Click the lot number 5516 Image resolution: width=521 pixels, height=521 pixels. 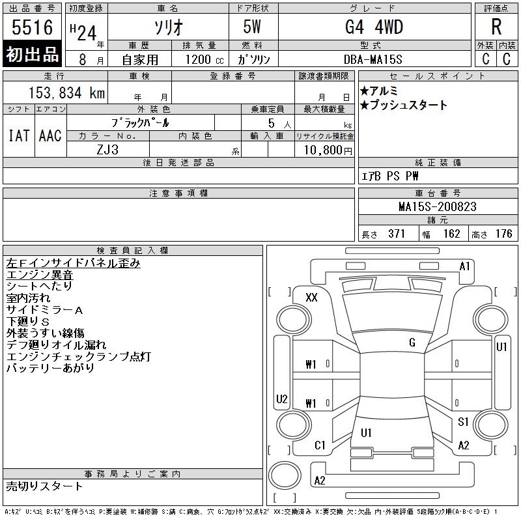tap(32, 27)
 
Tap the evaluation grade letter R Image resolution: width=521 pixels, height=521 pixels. tap(496, 27)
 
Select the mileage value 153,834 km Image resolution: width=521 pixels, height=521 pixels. tap(66, 92)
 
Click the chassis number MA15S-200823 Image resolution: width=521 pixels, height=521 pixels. tap(438, 206)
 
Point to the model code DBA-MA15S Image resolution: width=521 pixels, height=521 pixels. tap(373, 59)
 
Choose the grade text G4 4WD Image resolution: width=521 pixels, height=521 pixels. tap(374, 27)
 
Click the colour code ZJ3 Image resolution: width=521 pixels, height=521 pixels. tap(107, 150)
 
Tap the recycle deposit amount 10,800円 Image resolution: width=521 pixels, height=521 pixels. tap(328, 150)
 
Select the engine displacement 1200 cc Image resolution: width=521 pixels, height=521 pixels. tap(204, 59)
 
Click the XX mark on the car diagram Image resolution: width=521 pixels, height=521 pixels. tap(311, 297)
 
